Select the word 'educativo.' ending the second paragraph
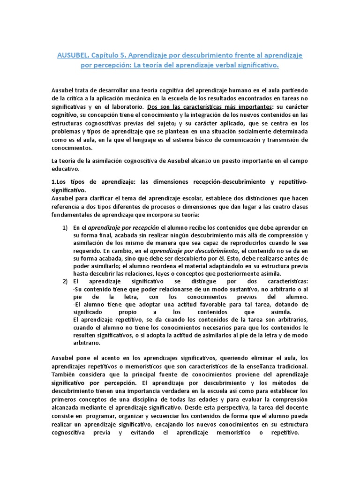(x=66, y=169)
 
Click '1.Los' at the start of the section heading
(x=59, y=182)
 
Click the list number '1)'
(x=66, y=227)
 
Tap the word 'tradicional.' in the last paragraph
(x=289, y=366)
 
